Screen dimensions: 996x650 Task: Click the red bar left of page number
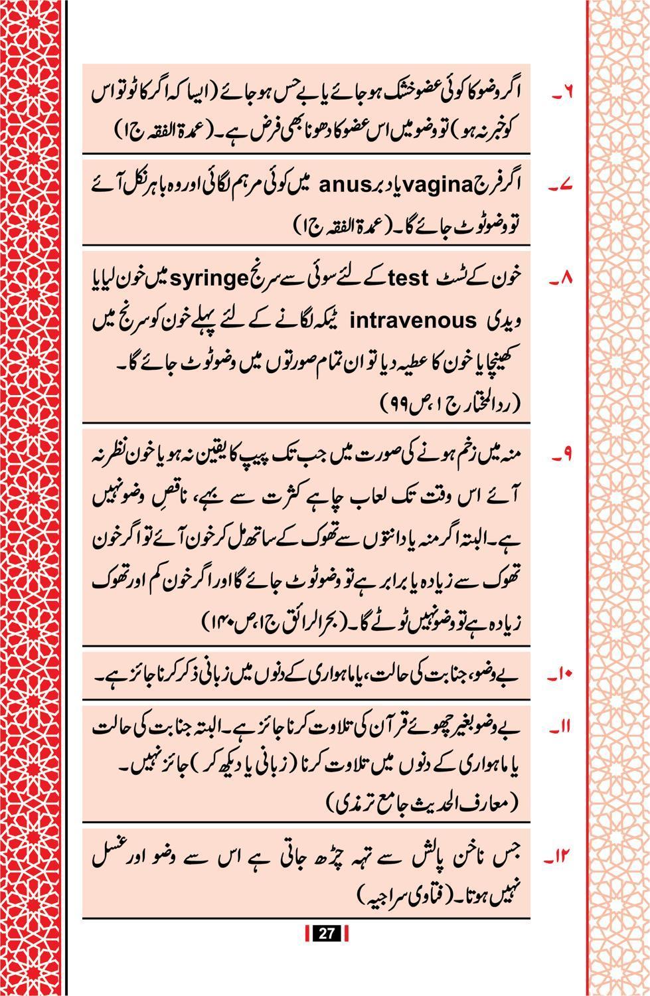tap(307, 933)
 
